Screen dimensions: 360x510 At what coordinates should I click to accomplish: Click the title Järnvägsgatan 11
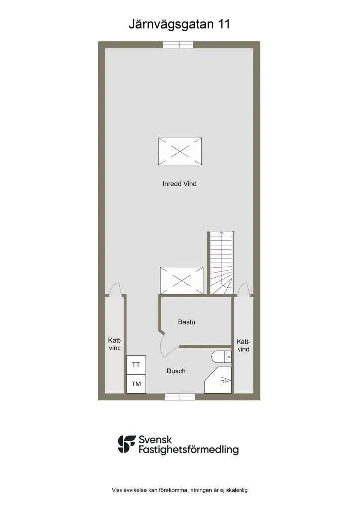(179, 25)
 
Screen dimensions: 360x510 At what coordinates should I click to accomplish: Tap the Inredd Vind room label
(180, 184)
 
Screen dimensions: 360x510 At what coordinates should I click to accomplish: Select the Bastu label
(186, 322)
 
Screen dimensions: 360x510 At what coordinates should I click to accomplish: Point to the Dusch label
(176, 371)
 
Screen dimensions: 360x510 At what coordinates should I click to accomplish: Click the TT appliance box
(136, 365)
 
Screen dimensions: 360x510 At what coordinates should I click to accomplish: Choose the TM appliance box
(136, 384)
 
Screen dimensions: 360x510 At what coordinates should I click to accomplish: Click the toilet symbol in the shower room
(222, 357)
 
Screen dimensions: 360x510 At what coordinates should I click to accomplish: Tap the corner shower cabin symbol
(218, 380)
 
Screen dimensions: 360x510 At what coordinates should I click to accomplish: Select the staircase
(221, 263)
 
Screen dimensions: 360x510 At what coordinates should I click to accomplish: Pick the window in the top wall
(178, 44)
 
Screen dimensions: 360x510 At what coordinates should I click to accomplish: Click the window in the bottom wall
(180, 397)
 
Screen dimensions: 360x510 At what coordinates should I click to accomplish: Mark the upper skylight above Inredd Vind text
(180, 152)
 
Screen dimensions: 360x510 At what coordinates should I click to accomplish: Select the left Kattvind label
(115, 344)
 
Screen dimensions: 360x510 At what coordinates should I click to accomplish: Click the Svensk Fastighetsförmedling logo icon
(127, 444)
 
